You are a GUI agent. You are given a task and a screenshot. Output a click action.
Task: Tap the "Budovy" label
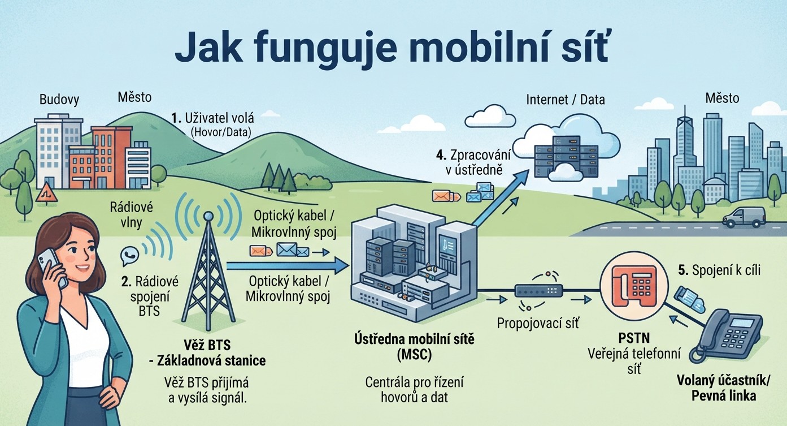pyautogui.click(x=59, y=100)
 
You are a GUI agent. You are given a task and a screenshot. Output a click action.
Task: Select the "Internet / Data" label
pyautogui.click(x=566, y=100)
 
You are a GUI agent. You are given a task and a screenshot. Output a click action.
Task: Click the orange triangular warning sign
pyautogui.click(x=46, y=193)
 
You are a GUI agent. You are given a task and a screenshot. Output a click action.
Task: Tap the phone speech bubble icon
pyautogui.click(x=129, y=255)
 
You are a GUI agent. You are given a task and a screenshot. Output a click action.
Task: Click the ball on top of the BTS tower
pyautogui.click(x=208, y=216)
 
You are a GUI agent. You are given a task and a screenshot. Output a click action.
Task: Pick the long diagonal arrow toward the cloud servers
pyautogui.click(x=501, y=197)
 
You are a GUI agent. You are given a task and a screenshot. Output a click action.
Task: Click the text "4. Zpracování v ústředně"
pyautogui.click(x=473, y=162)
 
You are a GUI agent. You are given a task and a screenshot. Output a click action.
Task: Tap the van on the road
pyautogui.click(x=744, y=217)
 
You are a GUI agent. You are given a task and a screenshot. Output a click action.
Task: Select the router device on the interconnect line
pyautogui.click(x=538, y=291)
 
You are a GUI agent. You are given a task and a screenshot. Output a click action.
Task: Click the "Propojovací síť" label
pyautogui.click(x=537, y=323)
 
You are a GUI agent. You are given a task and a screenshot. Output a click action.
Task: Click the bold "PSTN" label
pyautogui.click(x=634, y=338)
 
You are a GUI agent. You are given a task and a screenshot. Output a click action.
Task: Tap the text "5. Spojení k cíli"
pyautogui.click(x=719, y=270)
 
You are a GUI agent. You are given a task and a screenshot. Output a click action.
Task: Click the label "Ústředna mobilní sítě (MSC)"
pyautogui.click(x=414, y=347)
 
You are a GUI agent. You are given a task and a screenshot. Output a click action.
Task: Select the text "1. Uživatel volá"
pyautogui.click(x=212, y=118)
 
